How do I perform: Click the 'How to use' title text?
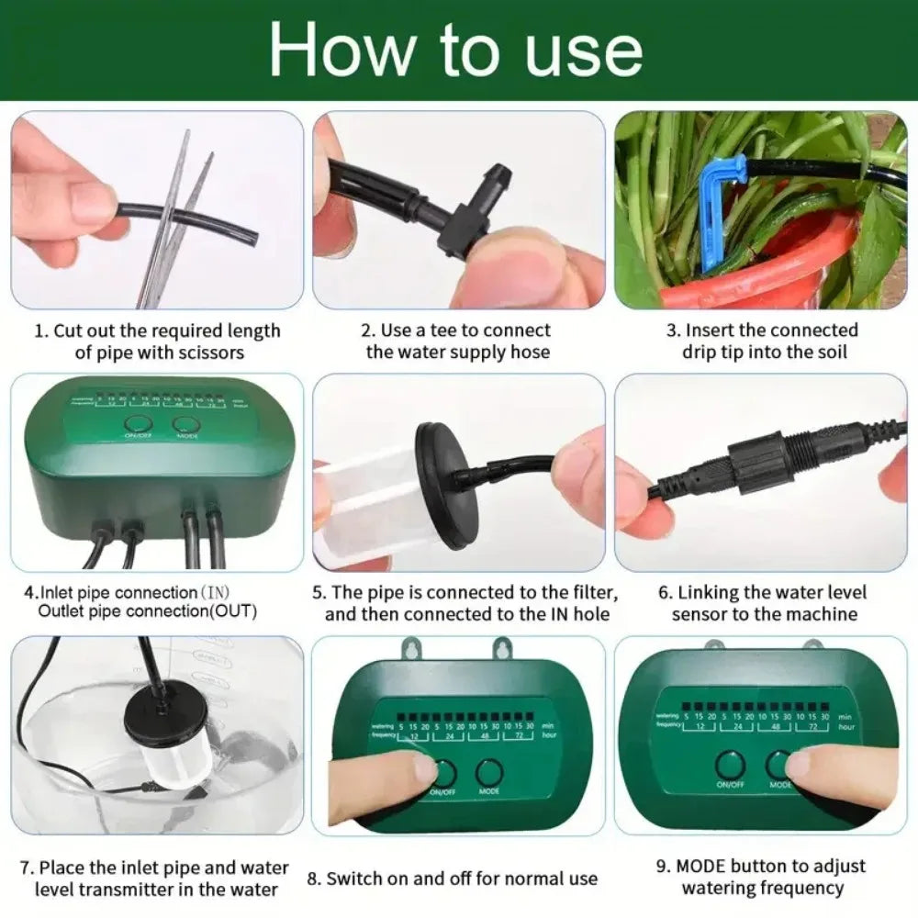(456, 50)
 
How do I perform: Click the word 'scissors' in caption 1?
(212, 353)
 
